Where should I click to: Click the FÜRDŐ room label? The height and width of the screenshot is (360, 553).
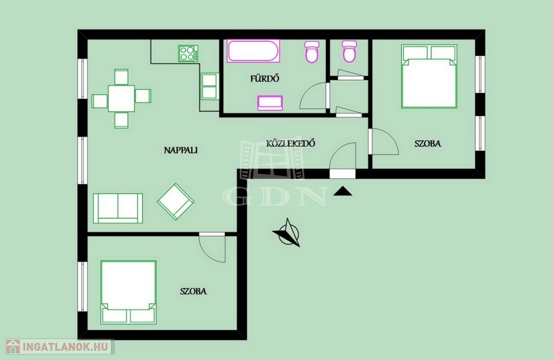(265, 78)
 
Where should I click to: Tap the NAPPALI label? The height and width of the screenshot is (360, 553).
(180, 150)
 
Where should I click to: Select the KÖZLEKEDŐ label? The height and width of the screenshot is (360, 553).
(290, 144)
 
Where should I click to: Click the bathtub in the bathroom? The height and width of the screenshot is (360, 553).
(253, 51)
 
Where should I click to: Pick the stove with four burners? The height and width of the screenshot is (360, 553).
(188, 53)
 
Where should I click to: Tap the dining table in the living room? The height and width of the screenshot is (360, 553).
(122, 98)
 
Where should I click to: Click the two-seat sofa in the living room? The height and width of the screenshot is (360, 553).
(118, 208)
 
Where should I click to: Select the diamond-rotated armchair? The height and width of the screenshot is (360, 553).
(176, 202)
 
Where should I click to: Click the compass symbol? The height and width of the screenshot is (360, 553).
(288, 233)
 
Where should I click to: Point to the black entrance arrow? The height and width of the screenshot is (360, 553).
(342, 192)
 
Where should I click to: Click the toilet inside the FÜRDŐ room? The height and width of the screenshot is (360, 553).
(312, 51)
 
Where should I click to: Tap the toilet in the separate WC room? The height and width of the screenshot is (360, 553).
(349, 51)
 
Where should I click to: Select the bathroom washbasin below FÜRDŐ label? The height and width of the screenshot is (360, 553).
(270, 103)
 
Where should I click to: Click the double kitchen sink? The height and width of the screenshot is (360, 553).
(210, 86)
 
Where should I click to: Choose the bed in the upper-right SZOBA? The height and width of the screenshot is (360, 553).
(429, 77)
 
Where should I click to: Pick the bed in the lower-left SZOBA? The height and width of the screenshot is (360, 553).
(129, 292)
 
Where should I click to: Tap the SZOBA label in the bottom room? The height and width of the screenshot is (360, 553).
(193, 291)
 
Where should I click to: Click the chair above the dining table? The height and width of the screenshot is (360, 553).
(122, 77)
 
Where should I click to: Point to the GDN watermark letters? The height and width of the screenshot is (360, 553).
(275, 196)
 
